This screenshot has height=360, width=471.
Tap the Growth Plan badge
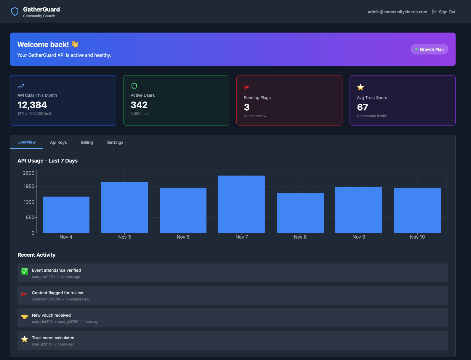pyautogui.click(x=429, y=49)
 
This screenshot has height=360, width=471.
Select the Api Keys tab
pyautogui.click(x=58, y=142)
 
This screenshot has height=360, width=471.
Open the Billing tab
pyautogui.click(x=87, y=142)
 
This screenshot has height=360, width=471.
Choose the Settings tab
pyautogui.click(x=115, y=142)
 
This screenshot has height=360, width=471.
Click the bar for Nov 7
pyautogui.click(x=242, y=204)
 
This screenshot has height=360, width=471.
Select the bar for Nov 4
pyautogui.click(x=66, y=215)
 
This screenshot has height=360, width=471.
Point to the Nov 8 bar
pyautogui.click(x=300, y=213)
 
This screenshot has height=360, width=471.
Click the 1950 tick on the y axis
pyautogui.click(x=29, y=186)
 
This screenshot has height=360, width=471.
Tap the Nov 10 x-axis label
pyautogui.click(x=417, y=237)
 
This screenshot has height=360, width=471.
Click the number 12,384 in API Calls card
pyautogui.click(x=32, y=105)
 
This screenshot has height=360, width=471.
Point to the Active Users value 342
pyautogui.click(x=139, y=105)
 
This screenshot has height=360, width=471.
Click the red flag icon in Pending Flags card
pyautogui.click(x=247, y=87)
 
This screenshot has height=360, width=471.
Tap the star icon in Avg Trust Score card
pyautogui.click(x=361, y=87)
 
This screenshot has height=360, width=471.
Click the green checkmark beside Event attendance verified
pyautogui.click(x=25, y=271)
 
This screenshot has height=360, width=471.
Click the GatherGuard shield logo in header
pyautogui.click(x=15, y=12)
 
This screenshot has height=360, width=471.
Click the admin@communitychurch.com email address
pyautogui.click(x=397, y=12)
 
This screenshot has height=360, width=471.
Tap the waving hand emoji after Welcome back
pyautogui.click(x=75, y=44)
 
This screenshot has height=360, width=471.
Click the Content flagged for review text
pyautogui.click(x=57, y=293)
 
